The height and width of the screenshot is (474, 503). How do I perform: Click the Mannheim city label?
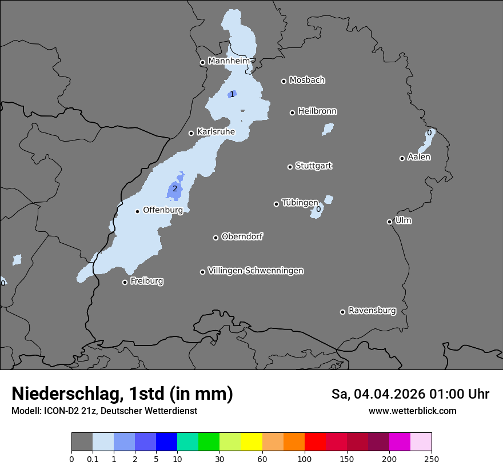click(229, 61)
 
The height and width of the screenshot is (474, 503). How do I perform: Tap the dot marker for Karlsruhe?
click(191, 133)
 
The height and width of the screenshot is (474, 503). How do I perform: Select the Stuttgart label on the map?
click(313, 166)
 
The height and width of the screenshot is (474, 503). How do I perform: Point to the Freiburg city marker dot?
click(125, 282)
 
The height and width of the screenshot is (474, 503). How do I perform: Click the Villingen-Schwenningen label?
click(256, 271)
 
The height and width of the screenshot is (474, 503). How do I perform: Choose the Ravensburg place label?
click(372, 311)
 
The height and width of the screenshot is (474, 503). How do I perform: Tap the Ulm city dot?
click(389, 222)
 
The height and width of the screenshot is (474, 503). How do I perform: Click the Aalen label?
click(419, 157)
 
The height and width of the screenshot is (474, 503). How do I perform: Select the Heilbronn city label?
click(317, 111)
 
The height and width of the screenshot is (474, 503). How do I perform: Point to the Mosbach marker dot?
click(284, 81)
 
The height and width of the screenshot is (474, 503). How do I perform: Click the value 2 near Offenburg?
click(175, 189)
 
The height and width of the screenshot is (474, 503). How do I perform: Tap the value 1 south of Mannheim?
click(232, 94)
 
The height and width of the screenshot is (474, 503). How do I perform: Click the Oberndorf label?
click(242, 236)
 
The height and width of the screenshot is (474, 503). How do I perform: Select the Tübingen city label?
click(300, 203)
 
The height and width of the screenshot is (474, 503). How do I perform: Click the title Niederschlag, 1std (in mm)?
click(122, 393)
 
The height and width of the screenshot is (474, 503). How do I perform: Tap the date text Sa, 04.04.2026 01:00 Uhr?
click(410, 394)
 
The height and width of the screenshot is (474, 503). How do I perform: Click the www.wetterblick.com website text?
click(412, 411)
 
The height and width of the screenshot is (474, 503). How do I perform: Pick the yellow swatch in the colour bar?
click(251, 442)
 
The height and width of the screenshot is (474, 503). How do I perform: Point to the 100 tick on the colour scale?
click(304, 459)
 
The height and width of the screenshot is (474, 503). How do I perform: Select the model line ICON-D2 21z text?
click(104, 411)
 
